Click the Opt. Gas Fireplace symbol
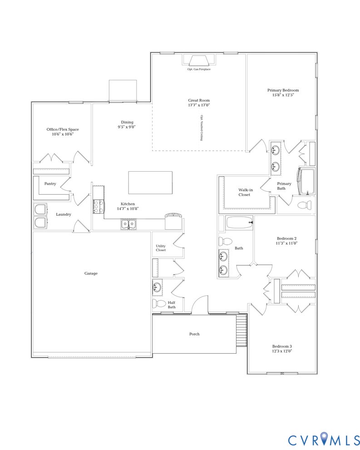click(199, 61)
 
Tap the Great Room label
click(199, 100)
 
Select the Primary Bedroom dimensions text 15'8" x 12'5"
click(283, 95)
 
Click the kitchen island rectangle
click(150, 183)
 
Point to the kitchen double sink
click(128, 224)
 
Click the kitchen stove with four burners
click(99, 206)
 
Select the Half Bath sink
click(157, 287)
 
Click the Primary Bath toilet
click(306, 205)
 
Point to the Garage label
click(91, 273)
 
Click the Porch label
click(194, 334)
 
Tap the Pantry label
click(50, 184)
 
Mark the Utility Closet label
click(161, 248)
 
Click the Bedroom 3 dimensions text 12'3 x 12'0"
click(281, 351)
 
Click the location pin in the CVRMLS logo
click(323, 439)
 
